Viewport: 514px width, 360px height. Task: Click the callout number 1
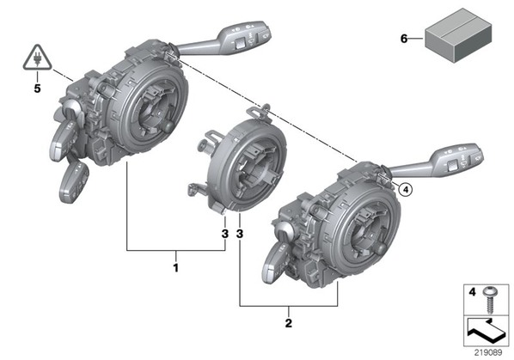(x=176, y=267)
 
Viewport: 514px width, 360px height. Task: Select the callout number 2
(x=289, y=323)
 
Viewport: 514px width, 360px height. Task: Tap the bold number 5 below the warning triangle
(x=37, y=88)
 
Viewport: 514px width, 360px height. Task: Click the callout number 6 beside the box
(x=404, y=39)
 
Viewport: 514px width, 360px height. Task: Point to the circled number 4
(x=406, y=189)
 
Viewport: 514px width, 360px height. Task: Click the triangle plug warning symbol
(x=37, y=58)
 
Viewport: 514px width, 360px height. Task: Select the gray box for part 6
(x=458, y=35)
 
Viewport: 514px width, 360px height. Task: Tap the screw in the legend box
(x=490, y=299)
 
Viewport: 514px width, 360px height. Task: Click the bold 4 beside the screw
(x=472, y=291)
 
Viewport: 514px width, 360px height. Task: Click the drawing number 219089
(x=488, y=353)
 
